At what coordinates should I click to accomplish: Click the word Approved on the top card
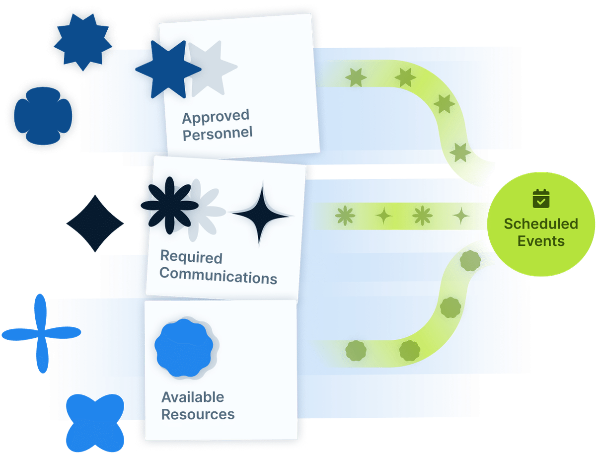coord(215,118)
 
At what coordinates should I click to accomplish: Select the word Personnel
coord(218,133)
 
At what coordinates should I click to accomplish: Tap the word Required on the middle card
coord(191,257)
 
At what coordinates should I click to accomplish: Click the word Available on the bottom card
coord(193,397)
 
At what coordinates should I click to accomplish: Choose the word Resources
coord(198,414)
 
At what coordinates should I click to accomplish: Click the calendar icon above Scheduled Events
coord(541,198)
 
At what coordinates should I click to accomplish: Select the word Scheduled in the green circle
coord(541,224)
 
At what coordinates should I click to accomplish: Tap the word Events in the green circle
coord(541,241)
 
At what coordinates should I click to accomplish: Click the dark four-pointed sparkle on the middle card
coord(261,214)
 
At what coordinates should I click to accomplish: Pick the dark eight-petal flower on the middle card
coord(166,205)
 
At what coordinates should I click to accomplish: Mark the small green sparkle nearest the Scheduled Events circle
coord(461,215)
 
